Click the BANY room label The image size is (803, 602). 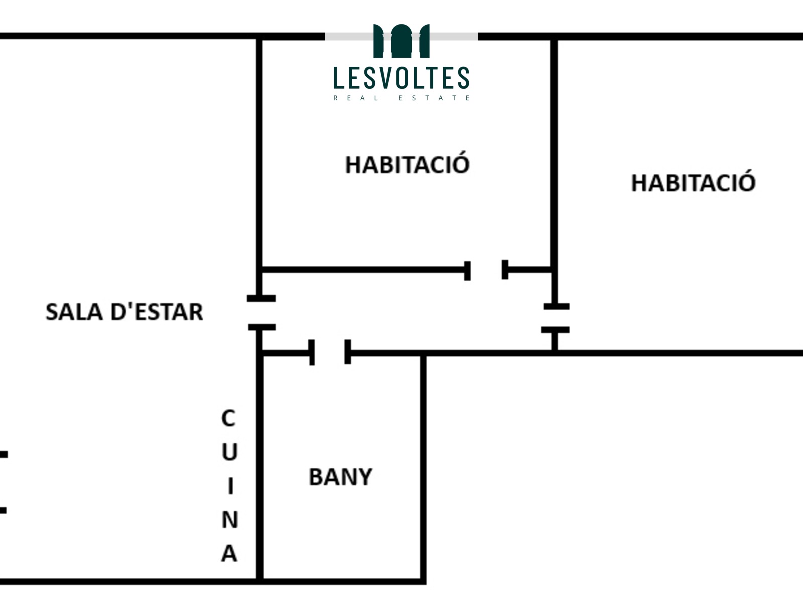[x=341, y=477]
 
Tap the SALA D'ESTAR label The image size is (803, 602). [x=124, y=312]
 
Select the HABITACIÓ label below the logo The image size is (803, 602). [x=408, y=164]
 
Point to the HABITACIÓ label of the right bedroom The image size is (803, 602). [x=693, y=182]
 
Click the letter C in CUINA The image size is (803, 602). [x=229, y=418]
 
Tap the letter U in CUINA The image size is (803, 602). [x=230, y=452]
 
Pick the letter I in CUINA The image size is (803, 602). [x=230, y=486]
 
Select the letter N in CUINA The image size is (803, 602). [x=230, y=519]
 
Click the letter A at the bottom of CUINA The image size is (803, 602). [x=229, y=553]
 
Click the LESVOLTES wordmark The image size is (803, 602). [x=401, y=77]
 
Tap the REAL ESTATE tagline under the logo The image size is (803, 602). [x=401, y=98]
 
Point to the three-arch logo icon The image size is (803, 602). [x=401, y=41]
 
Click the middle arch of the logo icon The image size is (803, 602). [x=401, y=41]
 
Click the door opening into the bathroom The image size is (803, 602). [x=330, y=352]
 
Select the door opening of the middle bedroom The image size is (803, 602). [x=486, y=270]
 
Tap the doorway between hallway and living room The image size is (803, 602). [x=261, y=313]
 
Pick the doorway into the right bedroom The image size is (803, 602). [x=556, y=318]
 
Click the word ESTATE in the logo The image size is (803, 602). [x=434, y=98]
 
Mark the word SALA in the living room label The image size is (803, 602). [x=74, y=312]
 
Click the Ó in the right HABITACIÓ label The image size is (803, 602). [x=746, y=182]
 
